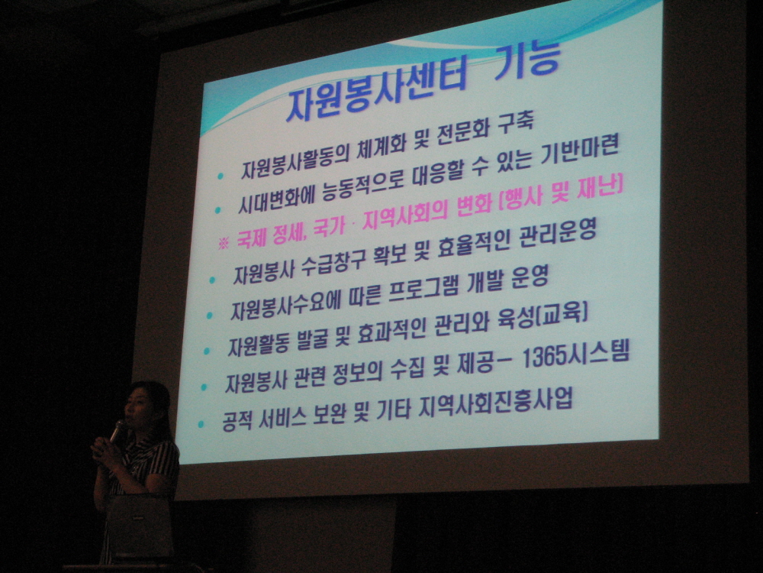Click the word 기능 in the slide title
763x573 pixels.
pyautogui.click(x=528, y=61)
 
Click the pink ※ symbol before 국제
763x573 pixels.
pyautogui.click(x=224, y=243)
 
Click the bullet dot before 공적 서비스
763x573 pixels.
pyautogui.click(x=201, y=424)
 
